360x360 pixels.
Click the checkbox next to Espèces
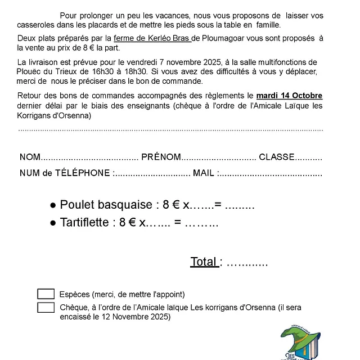coord(46,294)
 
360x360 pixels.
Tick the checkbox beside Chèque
coord(46,307)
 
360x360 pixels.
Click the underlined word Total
coord(204,262)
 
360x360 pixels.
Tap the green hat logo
coord(301,343)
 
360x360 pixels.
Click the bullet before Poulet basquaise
coord(53,205)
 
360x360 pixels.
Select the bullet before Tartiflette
coord(53,223)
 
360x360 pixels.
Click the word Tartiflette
coord(84,222)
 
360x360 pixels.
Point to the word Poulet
coord(75,205)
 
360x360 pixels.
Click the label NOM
coord(30,157)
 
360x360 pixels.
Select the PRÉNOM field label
coord(161,157)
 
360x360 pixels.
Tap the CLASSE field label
coord(277,157)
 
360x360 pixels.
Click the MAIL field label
coord(204,173)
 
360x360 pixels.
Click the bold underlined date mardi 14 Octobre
coord(289,96)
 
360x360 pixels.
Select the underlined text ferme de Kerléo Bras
coord(152,38)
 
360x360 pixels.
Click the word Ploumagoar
coord(218,38)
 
